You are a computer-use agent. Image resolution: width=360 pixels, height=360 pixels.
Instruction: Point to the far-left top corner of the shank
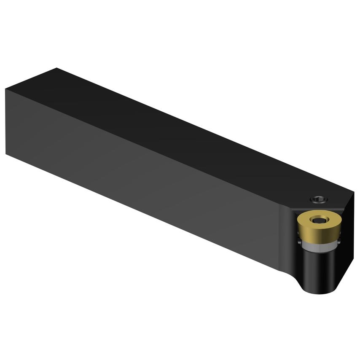pos(6,89)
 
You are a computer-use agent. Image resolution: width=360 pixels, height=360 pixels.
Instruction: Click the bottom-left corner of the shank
pos(6,154)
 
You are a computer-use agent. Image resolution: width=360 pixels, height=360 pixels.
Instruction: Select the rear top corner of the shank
pos(57,68)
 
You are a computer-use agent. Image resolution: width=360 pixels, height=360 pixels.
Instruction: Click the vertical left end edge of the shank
pos(6,122)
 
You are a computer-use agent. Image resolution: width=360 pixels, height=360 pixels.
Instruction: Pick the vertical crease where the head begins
pos(280,236)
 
